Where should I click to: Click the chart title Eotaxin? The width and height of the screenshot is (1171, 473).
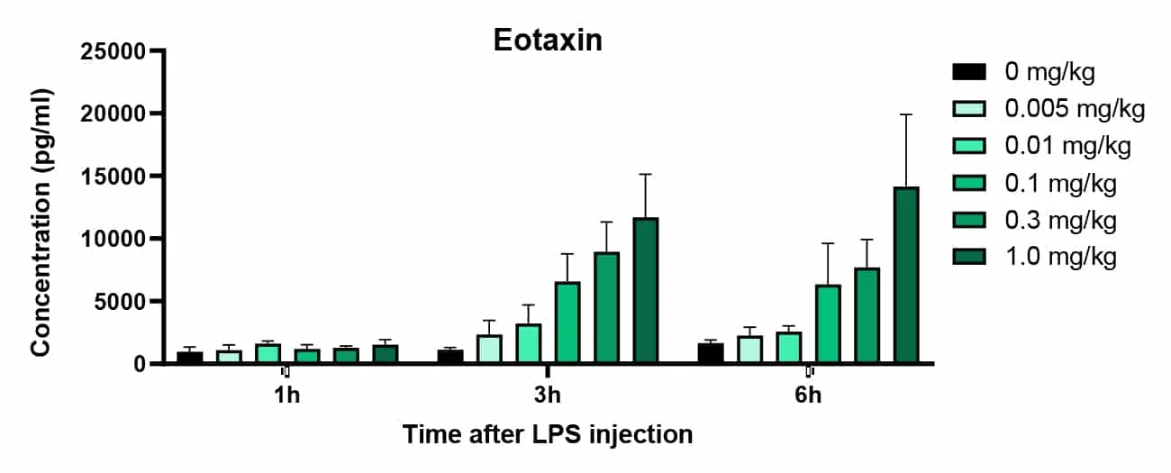pyautogui.click(x=548, y=41)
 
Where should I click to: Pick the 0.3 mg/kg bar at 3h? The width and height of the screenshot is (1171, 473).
pyautogui.click(x=606, y=308)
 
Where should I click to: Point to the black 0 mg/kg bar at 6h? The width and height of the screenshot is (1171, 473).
pyautogui.click(x=710, y=354)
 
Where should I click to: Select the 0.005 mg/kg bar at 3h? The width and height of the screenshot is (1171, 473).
pyautogui.click(x=489, y=350)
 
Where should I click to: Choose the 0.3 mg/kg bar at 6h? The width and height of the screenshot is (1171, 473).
pyautogui.click(x=867, y=316)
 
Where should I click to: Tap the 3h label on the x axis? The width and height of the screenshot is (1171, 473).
pyautogui.click(x=547, y=396)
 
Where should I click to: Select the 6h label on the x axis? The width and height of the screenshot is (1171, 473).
pyautogui.click(x=808, y=396)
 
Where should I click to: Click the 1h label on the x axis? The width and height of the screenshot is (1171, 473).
pyautogui.click(x=286, y=396)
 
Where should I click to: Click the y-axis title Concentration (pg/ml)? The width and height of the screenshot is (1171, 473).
pyautogui.click(x=41, y=223)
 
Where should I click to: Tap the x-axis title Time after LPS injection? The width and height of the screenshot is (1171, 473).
pyautogui.click(x=548, y=435)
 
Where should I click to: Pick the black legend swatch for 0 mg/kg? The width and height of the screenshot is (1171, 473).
pyautogui.click(x=971, y=72)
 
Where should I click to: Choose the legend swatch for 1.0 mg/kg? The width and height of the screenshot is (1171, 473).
pyautogui.click(x=971, y=257)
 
